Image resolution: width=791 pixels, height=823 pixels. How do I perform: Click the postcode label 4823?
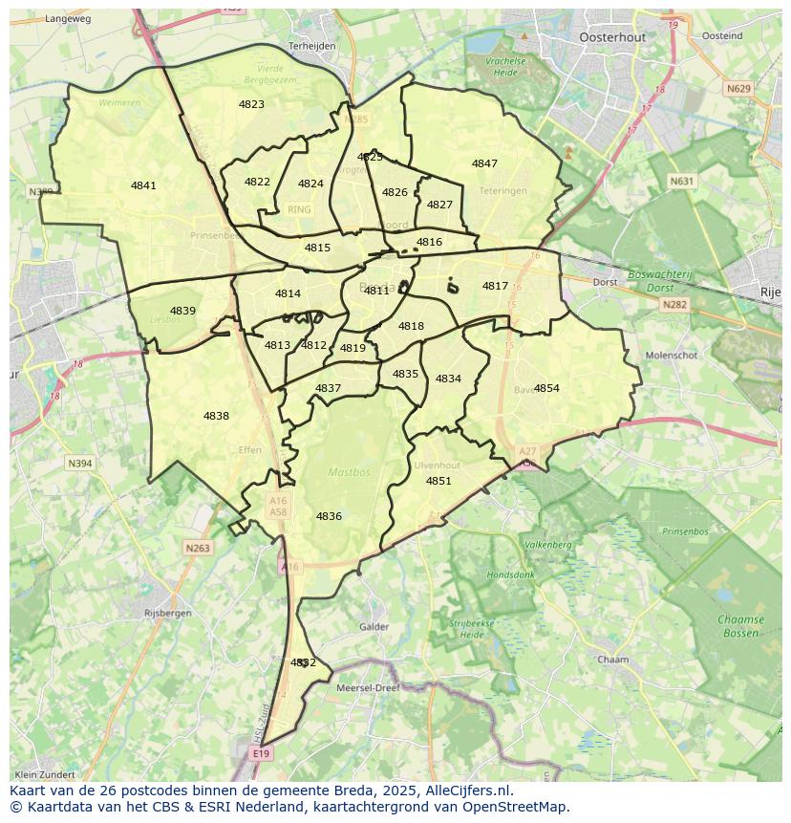[x=251, y=104]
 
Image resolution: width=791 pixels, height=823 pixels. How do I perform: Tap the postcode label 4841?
[x=143, y=185]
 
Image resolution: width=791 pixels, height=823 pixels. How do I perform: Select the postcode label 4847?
[x=484, y=163]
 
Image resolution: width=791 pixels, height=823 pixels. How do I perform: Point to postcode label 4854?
[x=546, y=388]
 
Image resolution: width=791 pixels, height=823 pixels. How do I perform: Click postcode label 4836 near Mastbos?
[x=329, y=516]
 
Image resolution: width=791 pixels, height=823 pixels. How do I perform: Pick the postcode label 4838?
[x=216, y=416]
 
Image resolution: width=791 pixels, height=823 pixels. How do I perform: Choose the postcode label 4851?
[x=438, y=481]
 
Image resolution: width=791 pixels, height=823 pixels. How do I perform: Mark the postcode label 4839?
[x=182, y=311]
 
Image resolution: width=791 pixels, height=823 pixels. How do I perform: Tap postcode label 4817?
[x=495, y=286]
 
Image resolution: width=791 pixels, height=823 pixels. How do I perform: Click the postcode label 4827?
[x=439, y=205]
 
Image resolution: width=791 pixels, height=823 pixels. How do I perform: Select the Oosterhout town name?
[x=612, y=37]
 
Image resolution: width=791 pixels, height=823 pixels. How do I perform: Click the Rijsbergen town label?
[x=167, y=613]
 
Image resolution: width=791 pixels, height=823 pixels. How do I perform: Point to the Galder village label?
[x=374, y=627]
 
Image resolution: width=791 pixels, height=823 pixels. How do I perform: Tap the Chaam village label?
[x=612, y=660]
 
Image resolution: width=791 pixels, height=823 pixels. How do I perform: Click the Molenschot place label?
[x=672, y=355]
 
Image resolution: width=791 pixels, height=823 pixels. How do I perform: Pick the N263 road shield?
[x=198, y=548]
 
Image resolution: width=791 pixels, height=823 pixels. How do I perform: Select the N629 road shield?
[x=738, y=89]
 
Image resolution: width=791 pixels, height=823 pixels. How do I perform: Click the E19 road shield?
[x=261, y=754]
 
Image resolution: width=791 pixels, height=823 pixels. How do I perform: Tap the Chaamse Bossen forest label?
[x=740, y=626]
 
